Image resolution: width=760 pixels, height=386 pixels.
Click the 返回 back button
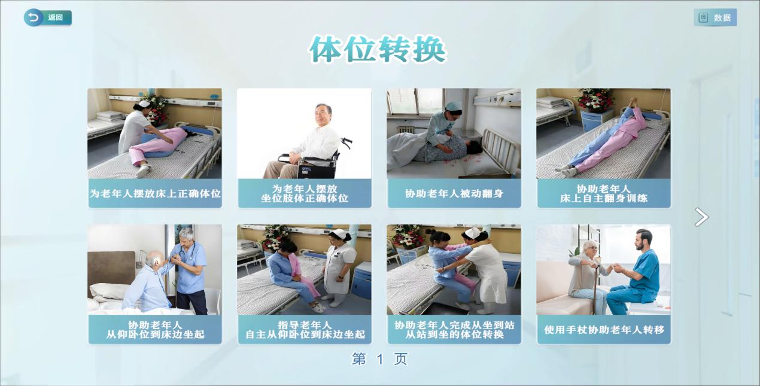[x=47, y=17]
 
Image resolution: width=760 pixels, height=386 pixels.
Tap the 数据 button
[x=715, y=17]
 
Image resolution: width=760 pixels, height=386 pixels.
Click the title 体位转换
[x=377, y=50]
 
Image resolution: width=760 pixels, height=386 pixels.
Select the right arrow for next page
[x=701, y=217]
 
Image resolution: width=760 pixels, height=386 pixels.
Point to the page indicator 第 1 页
[x=379, y=359]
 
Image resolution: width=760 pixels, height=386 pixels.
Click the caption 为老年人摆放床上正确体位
[x=155, y=194]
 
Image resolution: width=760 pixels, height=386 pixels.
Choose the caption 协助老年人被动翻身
[x=454, y=194]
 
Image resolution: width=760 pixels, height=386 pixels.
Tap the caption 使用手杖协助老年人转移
[x=604, y=330]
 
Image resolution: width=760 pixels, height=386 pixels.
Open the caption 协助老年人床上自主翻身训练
[x=604, y=194]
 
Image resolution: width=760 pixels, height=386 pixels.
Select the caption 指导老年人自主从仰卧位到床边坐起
[x=305, y=330]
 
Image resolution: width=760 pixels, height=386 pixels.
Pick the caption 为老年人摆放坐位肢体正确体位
[x=305, y=194]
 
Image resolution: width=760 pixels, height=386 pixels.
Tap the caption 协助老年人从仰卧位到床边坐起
[x=155, y=330]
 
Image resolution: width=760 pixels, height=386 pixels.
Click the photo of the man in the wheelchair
[x=305, y=133]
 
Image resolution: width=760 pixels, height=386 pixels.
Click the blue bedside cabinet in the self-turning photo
[x=592, y=120]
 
